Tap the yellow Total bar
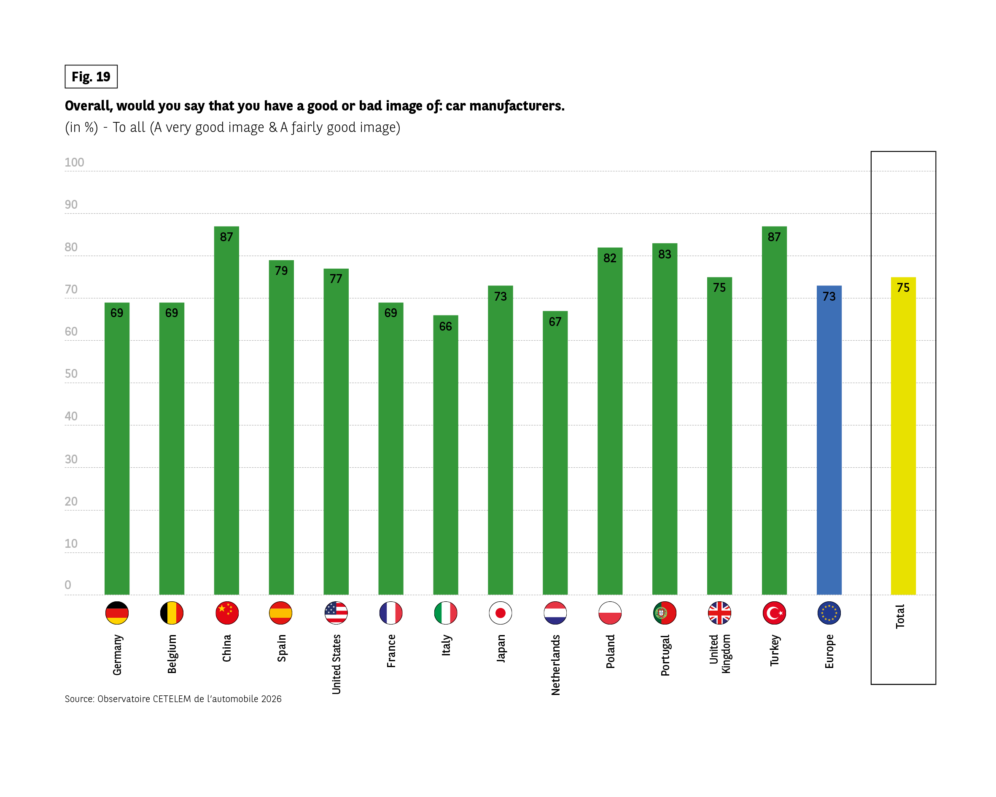[903, 439]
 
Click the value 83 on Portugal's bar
[664, 254]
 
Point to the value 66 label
[445, 327]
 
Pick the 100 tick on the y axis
[74, 163]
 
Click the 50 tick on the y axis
[71, 374]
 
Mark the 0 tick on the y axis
[68, 585]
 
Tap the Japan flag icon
[500, 613]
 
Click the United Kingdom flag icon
[719, 613]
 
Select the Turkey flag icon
[774, 613]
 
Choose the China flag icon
[227, 613]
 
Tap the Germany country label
[117, 655]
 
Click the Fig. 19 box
[91, 77]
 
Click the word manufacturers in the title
[517, 106]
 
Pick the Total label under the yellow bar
[900, 617]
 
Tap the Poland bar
[610, 425]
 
